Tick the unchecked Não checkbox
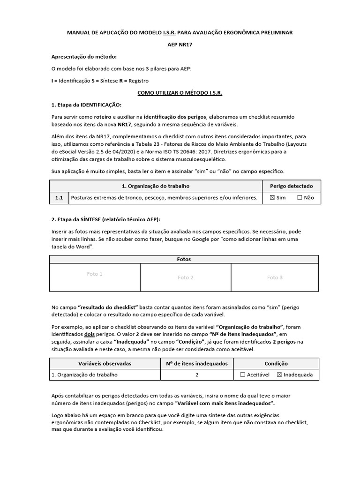(300, 198)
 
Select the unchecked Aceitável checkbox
(242, 375)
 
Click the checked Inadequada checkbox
(280, 375)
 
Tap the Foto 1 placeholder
(95, 274)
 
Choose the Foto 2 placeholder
(186, 277)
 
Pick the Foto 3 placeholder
(275, 277)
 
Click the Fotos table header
(184, 259)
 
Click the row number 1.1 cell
(59, 198)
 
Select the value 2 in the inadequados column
(197, 375)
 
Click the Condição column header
(276, 363)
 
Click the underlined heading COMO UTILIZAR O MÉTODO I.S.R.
(180, 93)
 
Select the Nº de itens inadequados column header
(197, 363)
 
